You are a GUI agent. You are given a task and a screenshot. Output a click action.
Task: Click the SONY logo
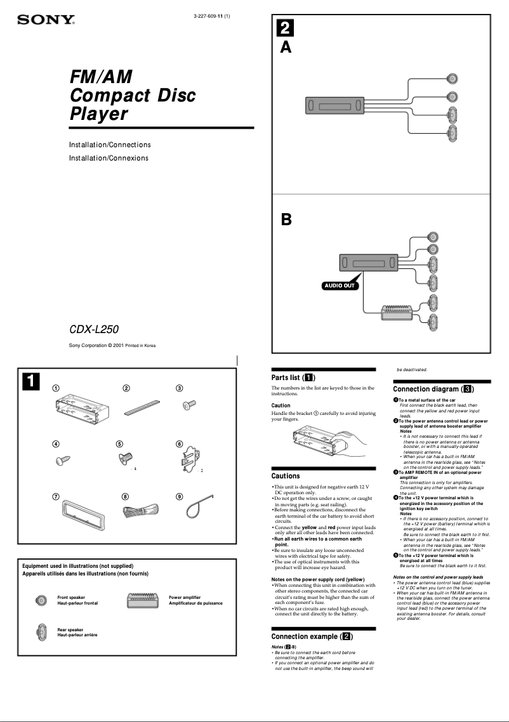click(x=46, y=21)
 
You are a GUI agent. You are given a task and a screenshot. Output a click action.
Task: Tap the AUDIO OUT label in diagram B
click(x=340, y=286)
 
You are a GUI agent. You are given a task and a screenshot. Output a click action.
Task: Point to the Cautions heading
click(x=286, y=476)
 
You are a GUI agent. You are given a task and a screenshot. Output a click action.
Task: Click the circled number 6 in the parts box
click(x=180, y=444)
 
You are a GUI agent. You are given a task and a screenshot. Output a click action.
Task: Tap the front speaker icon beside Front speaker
click(x=41, y=600)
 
